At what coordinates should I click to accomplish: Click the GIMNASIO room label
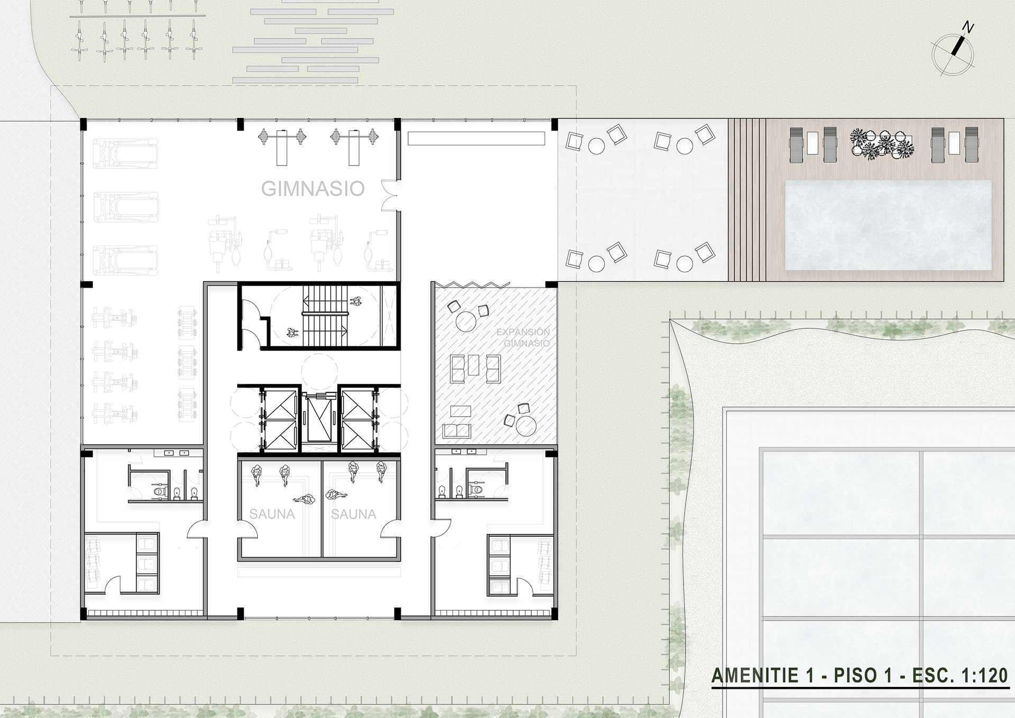[312, 189]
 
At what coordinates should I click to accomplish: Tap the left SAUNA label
[272, 514]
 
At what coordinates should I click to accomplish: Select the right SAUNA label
[354, 514]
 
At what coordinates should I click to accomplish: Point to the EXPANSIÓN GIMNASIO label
[523, 337]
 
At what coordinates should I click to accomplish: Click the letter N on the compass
[968, 27]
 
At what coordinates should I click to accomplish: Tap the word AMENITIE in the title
[755, 676]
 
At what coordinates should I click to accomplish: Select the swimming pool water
[888, 225]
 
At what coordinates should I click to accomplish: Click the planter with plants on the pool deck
[881, 143]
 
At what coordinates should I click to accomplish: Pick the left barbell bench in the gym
[282, 145]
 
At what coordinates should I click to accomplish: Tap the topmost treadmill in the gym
[126, 153]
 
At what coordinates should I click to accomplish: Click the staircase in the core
[325, 316]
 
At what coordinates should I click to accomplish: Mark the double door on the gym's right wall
[390, 195]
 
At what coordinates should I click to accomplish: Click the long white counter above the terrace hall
[476, 139]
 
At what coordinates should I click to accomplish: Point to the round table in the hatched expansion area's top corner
[466, 321]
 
